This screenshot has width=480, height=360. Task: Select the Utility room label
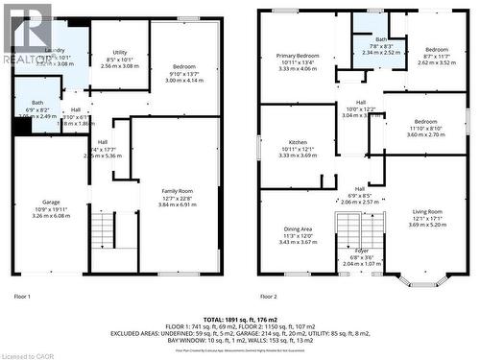pos(120,53)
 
